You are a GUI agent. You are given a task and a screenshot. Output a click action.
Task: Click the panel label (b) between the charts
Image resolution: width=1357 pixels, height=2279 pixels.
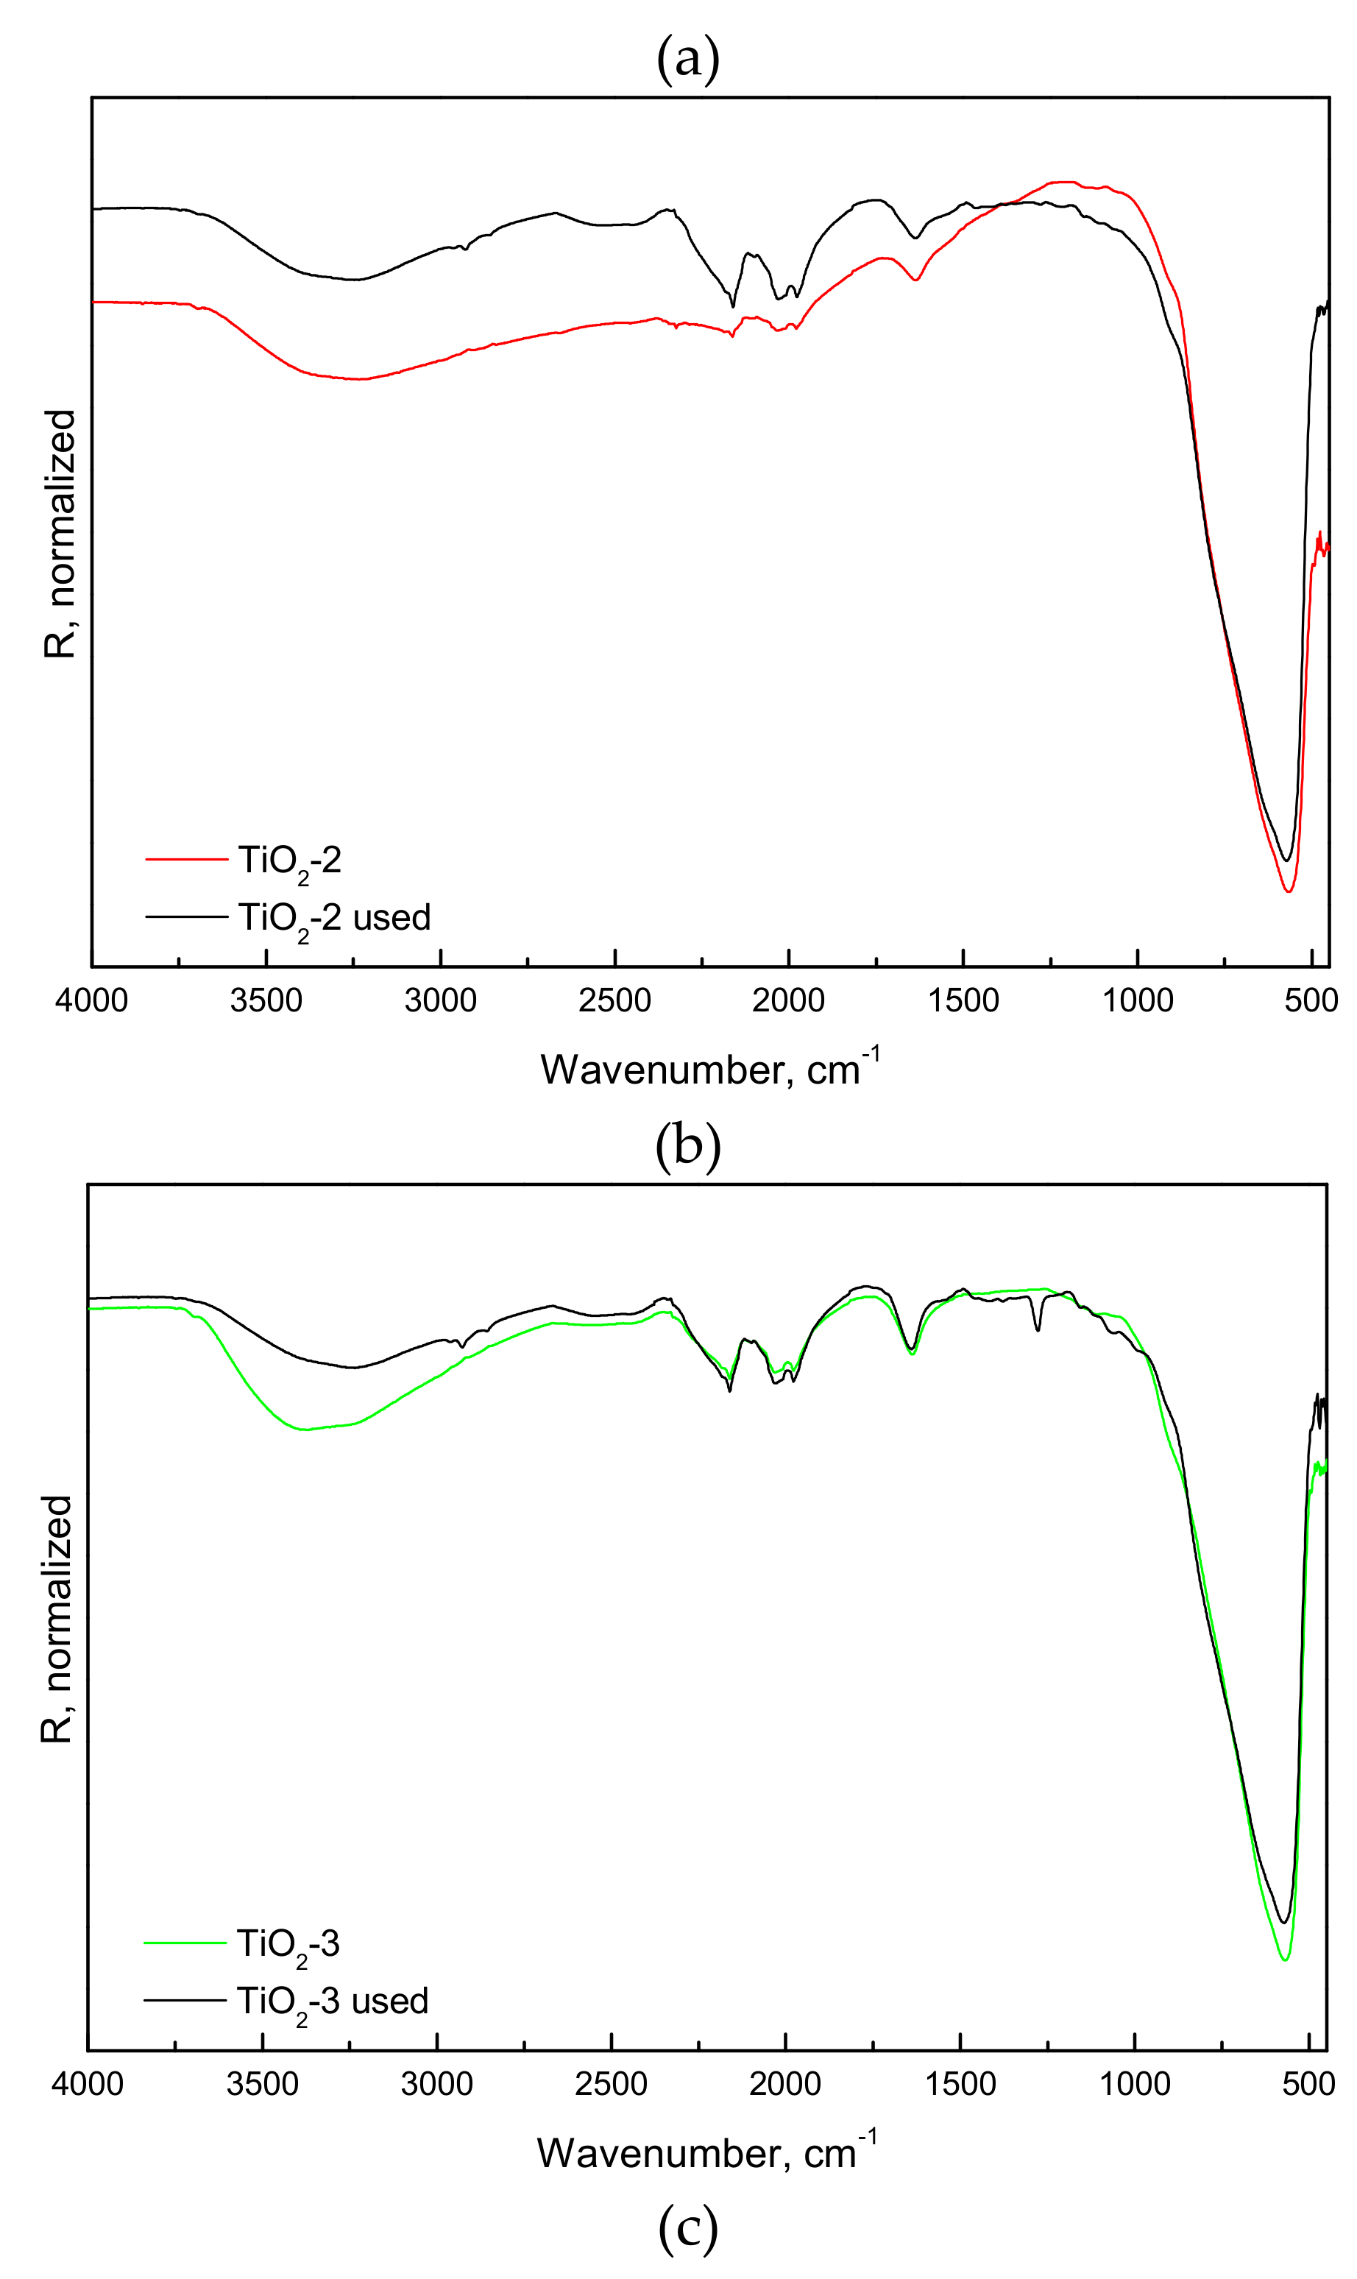(x=687, y=1145)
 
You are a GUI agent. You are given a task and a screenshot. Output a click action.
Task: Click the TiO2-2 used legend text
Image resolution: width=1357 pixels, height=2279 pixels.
(x=334, y=918)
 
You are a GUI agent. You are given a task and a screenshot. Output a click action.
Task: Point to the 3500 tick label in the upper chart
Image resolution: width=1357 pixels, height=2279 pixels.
(x=266, y=1000)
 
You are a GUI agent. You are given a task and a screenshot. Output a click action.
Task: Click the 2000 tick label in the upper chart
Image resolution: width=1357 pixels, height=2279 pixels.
(x=788, y=1000)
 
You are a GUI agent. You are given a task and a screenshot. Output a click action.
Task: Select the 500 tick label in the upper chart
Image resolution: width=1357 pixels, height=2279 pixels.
(x=1311, y=1000)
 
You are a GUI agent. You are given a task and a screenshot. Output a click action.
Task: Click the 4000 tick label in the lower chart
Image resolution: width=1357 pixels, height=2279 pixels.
(x=88, y=2084)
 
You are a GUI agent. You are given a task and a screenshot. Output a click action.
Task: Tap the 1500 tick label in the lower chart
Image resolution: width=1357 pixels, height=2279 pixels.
(x=960, y=2084)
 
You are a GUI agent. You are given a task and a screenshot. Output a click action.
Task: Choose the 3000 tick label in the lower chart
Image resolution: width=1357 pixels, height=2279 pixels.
(x=437, y=2084)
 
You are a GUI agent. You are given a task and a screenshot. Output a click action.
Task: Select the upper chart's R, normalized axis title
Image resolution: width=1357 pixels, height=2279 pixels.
(x=60, y=533)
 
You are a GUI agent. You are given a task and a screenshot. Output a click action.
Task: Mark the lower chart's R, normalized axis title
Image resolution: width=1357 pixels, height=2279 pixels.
(x=57, y=1619)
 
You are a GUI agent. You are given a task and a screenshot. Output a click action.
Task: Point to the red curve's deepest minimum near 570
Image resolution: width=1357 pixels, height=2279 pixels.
(x=1289, y=891)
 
